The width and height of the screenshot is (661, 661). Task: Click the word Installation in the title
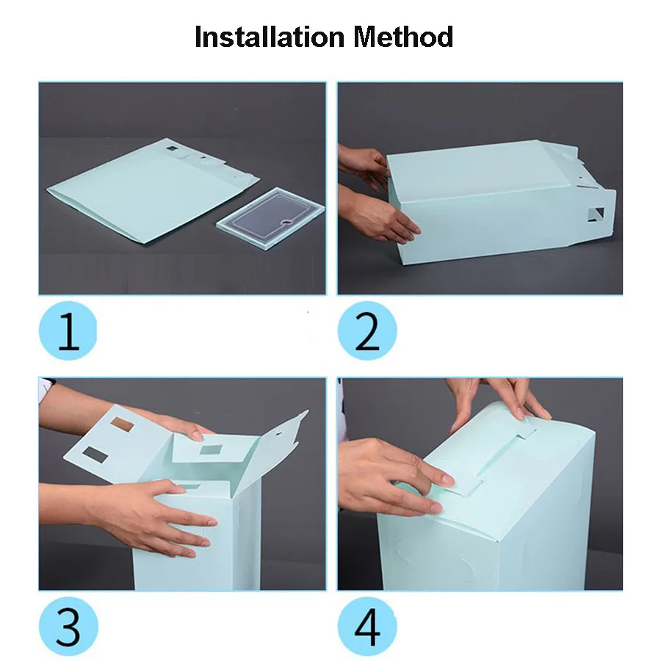coord(270,37)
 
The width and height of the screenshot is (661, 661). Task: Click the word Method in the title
coord(403,37)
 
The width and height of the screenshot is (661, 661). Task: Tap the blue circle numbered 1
coord(68,330)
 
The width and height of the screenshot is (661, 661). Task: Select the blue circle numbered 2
coord(367,330)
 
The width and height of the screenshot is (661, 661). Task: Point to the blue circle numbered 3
coord(68,626)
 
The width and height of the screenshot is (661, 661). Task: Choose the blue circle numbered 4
coord(367,626)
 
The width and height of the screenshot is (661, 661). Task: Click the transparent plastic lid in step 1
coord(271,218)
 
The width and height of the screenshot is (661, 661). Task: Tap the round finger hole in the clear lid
coord(287,221)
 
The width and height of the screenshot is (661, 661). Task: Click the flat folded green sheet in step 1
coord(153,190)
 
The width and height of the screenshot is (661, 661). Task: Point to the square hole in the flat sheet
coord(172,148)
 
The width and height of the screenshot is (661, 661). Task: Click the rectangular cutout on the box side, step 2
coord(596,214)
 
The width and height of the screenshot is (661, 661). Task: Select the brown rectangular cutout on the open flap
coord(122,425)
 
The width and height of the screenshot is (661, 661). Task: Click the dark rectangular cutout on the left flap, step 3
coord(95,454)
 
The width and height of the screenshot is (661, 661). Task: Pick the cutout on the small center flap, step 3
coord(210,449)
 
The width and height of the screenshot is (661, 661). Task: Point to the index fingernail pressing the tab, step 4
coord(446,480)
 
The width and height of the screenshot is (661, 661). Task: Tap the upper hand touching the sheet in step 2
coord(364,167)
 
